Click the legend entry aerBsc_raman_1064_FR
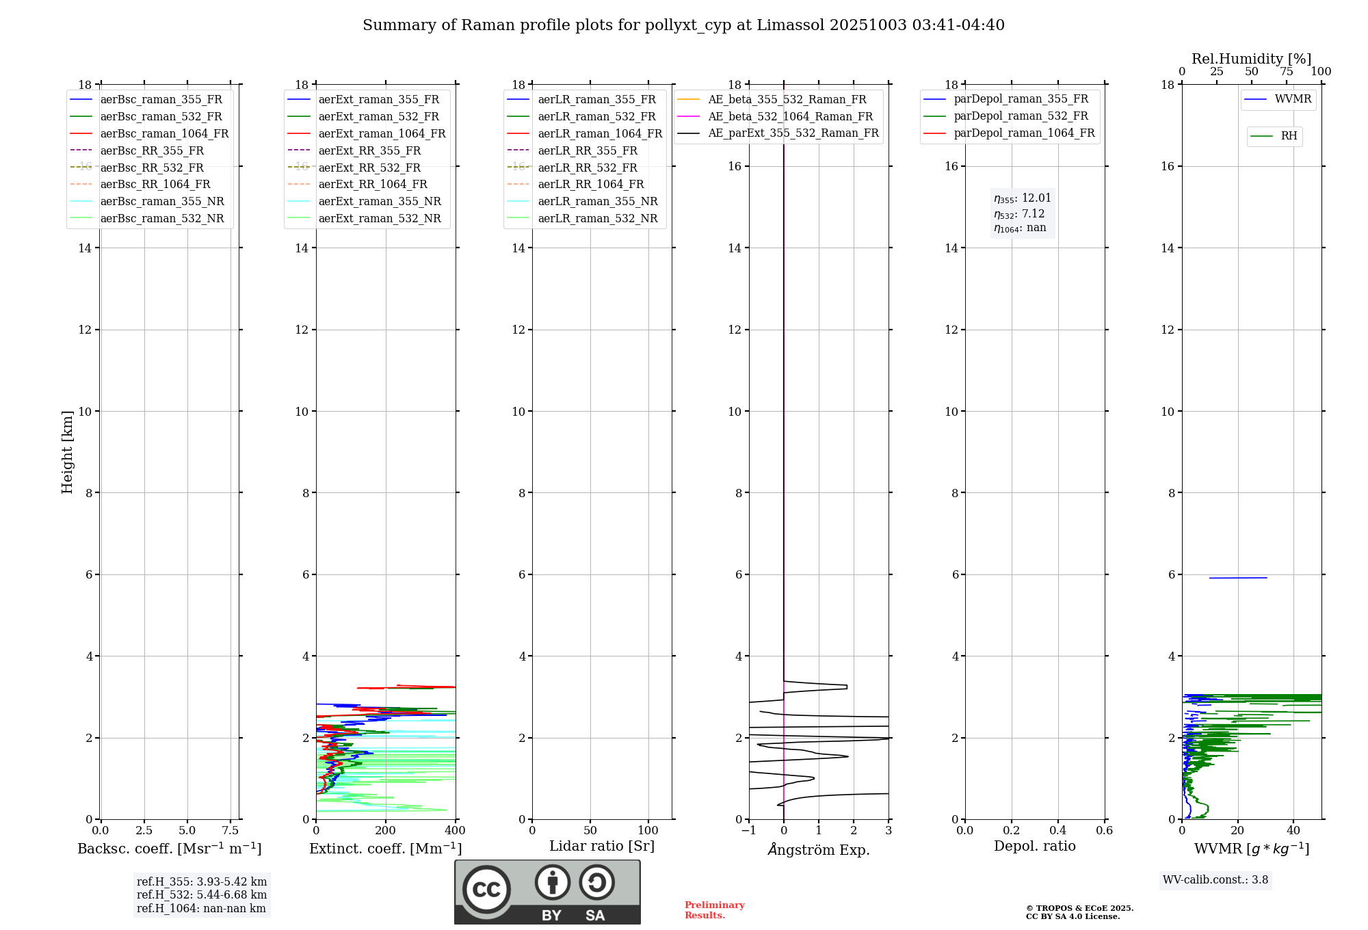point(164,133)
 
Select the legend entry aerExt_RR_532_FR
point(369,168)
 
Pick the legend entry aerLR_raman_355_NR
point(597,201)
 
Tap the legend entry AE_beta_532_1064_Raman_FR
point(790,116)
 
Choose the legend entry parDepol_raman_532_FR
point(1021,116)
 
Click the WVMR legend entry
point(1293,99)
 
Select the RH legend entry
point(1289,136)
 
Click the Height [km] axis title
point(67,452)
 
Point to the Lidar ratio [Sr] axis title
point(602,846)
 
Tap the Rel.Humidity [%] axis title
point(1252,59)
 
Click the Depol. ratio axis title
point(1035,846)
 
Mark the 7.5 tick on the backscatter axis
point(231,831)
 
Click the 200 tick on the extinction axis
point(386,831)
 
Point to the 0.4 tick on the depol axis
point(1058,831)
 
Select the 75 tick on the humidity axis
point(1287,72)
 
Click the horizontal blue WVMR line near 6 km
point(1238,578)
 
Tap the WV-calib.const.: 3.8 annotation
point(1215,880)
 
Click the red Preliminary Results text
point(714,910)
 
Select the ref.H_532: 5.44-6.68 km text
point(202,894)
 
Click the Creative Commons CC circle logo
point(486,890)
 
